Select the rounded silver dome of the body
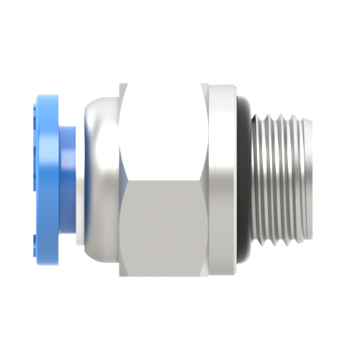101,180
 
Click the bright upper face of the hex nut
164,130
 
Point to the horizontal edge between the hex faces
164,181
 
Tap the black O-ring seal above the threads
245,108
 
